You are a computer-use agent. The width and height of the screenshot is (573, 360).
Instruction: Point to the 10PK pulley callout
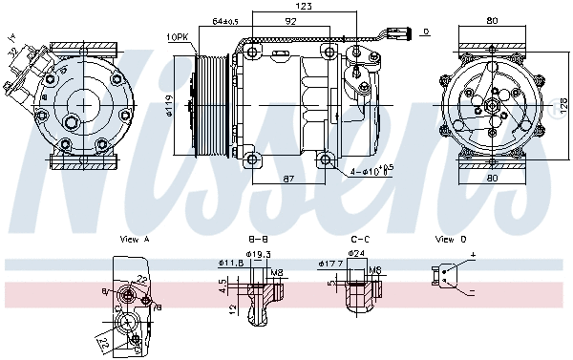178,36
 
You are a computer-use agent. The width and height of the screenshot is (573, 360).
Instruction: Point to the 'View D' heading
451,239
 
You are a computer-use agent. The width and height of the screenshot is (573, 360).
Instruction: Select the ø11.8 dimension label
228,263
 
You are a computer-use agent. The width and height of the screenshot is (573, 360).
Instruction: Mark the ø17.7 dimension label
329,263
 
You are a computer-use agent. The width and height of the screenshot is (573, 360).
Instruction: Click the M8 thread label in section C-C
376,270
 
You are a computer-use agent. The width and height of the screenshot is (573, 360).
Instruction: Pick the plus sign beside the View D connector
472,258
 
